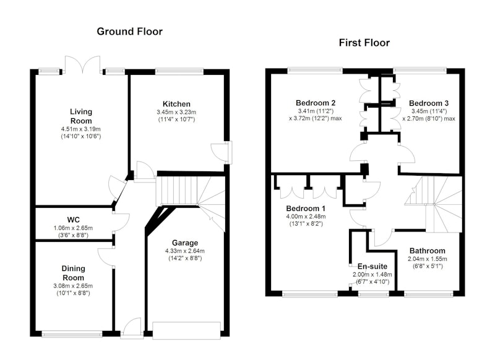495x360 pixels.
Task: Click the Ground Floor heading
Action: point(129,32)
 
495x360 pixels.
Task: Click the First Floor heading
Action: point(364,43)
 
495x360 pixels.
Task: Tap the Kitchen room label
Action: point(176,104)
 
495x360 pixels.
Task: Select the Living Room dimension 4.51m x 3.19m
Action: point(81,129)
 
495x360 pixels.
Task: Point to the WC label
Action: point(73,220)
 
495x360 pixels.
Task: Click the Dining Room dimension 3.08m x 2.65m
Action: point(73,286)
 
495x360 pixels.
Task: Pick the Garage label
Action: point(185,242)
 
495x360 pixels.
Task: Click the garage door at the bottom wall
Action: point(187,330)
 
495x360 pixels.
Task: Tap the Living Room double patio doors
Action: point(83,65)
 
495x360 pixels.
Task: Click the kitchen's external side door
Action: point(221,153)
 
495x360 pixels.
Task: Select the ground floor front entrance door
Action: point(132,328)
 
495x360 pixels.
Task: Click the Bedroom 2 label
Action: point(316,103)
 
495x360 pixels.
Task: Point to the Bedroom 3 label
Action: point(429,103)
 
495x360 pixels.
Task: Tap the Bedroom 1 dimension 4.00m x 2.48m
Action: point(306,216)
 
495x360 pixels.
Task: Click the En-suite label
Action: point(372,267)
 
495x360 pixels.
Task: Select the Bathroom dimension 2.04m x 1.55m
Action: point(428,259)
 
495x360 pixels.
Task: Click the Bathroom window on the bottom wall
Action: point(428,294)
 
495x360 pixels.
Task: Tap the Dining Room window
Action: point(72,334)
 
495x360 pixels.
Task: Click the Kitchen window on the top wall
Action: point(179,72)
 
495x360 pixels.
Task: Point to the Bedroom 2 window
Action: point(315,71)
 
